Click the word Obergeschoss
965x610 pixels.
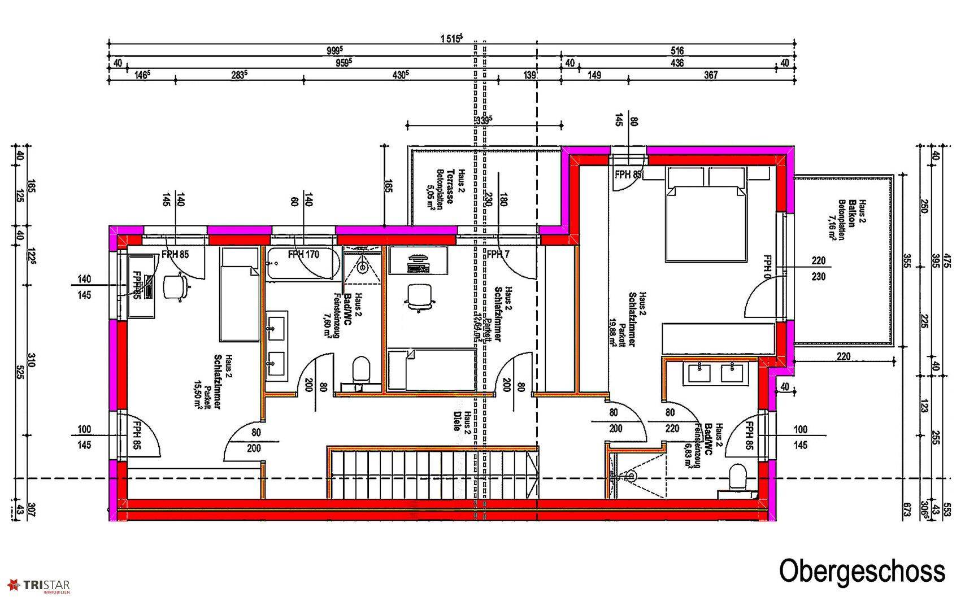tap(862, 571)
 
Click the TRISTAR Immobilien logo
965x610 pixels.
tap(39, 586)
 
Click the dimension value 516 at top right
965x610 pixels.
tap(677, 51)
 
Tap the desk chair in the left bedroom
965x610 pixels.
tap(174, 285)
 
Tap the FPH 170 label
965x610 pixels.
tap(303, 255)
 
